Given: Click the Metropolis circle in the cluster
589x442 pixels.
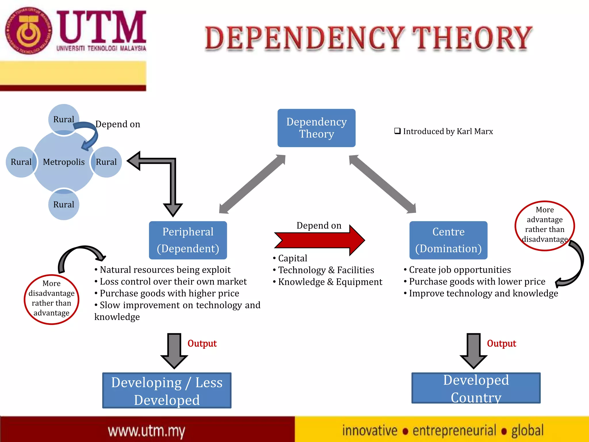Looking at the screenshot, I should point(64,162).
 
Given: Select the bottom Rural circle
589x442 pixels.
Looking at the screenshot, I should point(64,205).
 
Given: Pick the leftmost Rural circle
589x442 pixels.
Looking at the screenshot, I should point(21,162).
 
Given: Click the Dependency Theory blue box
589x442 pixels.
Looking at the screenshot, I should point(316,128).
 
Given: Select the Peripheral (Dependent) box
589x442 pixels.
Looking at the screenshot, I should point(188,240).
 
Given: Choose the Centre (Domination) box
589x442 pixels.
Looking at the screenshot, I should point(448,240).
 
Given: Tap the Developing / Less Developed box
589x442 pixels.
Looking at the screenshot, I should point(167,390).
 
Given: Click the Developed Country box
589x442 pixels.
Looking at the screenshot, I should point(476,388).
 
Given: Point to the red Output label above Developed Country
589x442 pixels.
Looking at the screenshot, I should point(501,343).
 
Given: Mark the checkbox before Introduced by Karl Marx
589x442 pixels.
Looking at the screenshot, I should point(397,131).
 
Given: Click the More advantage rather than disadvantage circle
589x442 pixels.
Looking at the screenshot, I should point(544,225).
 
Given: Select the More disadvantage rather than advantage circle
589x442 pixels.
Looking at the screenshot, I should point(51,299).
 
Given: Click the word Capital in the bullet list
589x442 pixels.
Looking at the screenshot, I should point(292,258).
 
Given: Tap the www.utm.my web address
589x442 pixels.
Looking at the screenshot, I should point(146,431).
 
